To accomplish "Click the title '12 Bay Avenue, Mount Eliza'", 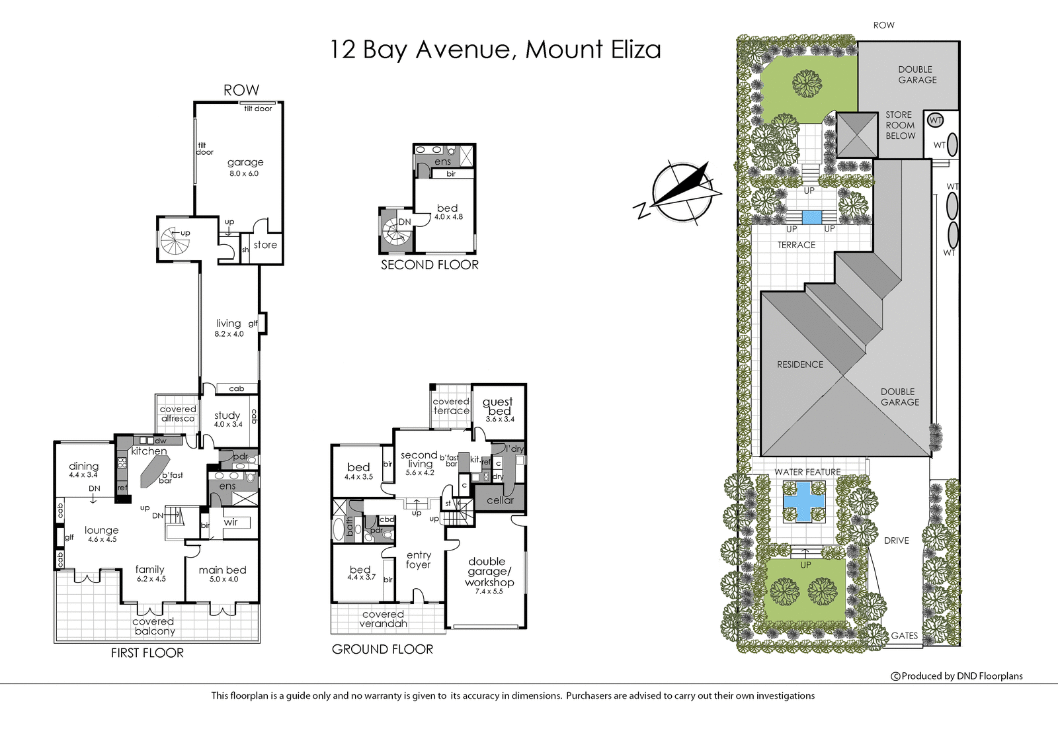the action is (x=495, y=50).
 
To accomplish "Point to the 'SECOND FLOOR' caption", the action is (x=430, y=265).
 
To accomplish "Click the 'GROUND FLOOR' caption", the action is (x=382, y=650).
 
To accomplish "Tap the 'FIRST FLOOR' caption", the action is (x=147, y=653).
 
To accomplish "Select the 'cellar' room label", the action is (x=500, y=500).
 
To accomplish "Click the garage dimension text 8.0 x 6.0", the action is (x=244, y=173).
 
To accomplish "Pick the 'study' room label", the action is (x=227, y=415).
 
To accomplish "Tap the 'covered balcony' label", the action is (x=153, y=627).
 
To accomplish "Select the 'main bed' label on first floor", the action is (x=222, y=570).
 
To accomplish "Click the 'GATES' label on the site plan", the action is (x=904, y=636).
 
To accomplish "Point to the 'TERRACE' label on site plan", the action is (x=796, y=245).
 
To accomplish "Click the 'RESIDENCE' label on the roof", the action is (x=800, y=365).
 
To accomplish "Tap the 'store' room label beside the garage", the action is (x=265, y=245).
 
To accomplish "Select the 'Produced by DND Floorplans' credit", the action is (x=957, y=676).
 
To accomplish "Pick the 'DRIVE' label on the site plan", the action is (x=896, y=541).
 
